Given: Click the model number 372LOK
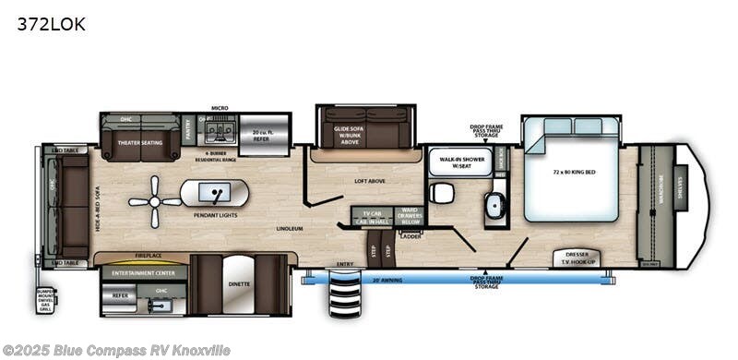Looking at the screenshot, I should click(51, 25).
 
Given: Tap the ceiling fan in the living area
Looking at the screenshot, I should click(155, 201).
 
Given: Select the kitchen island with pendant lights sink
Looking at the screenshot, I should click(214, 194).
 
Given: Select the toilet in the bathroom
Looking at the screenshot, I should click(441, 193).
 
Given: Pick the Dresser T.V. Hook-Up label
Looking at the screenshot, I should click(576, 258).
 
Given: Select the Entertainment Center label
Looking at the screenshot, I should click(138, 272).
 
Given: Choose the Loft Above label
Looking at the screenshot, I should click(369, 182).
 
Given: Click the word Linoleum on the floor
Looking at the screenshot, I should click(290, 226).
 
